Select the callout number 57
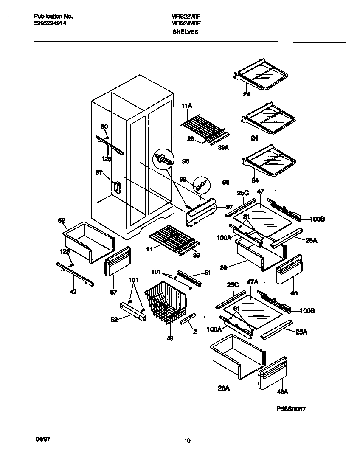[x=99, y=173]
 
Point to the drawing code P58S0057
[x=291, y=409]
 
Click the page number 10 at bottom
[x=187, y=441]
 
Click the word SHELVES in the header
[x=185, y=32]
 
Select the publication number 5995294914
[x=50, y=23]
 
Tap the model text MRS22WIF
[x=186, y=17]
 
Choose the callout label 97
[x=229, y=207]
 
